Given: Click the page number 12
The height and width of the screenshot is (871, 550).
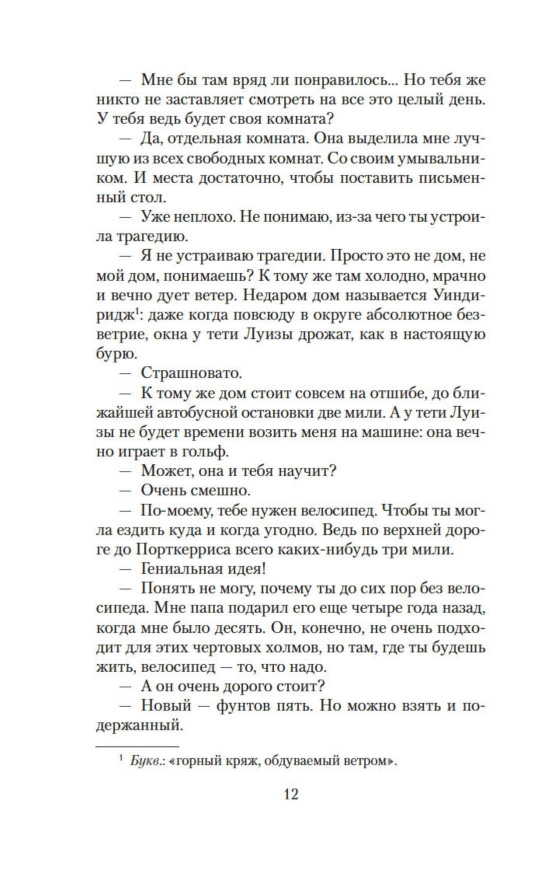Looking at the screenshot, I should tap(290, 793).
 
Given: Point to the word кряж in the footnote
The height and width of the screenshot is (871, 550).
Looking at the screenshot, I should tap(243, 761).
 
